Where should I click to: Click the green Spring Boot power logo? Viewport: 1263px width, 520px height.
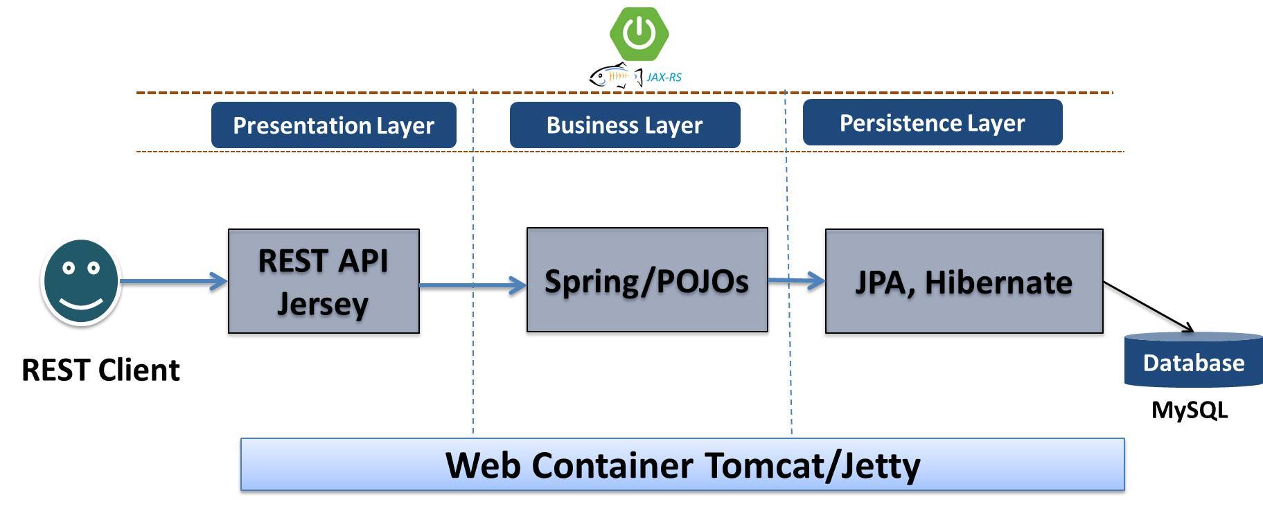click(639, 33)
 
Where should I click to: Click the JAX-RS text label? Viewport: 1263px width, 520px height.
click(664, 78)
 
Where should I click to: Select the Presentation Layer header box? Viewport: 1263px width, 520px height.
click(333, 125)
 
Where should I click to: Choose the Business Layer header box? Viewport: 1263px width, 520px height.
click(624, 125)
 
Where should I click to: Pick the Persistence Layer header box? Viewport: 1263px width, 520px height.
click(932, 123)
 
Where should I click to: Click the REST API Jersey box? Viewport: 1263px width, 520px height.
click(324, 281)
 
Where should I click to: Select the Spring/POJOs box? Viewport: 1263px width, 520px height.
click(646, 280)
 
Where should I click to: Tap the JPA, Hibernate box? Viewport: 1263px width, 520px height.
click(964, 282)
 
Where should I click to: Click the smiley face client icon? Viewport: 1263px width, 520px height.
click(81, 281)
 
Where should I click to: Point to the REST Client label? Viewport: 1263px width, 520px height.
click(100, 370)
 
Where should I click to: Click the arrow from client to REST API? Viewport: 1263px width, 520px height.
click(173, 281)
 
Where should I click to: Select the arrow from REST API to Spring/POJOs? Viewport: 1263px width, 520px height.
click(472, 285)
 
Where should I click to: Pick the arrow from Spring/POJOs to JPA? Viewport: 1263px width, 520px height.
click(796, 280)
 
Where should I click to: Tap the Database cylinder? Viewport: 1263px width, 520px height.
click(1193, 361)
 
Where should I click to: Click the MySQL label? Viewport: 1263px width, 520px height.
click(1189, 410)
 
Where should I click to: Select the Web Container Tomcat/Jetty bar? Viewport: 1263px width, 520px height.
click(682, 465)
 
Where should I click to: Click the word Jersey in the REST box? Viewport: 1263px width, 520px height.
click(322, 304)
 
